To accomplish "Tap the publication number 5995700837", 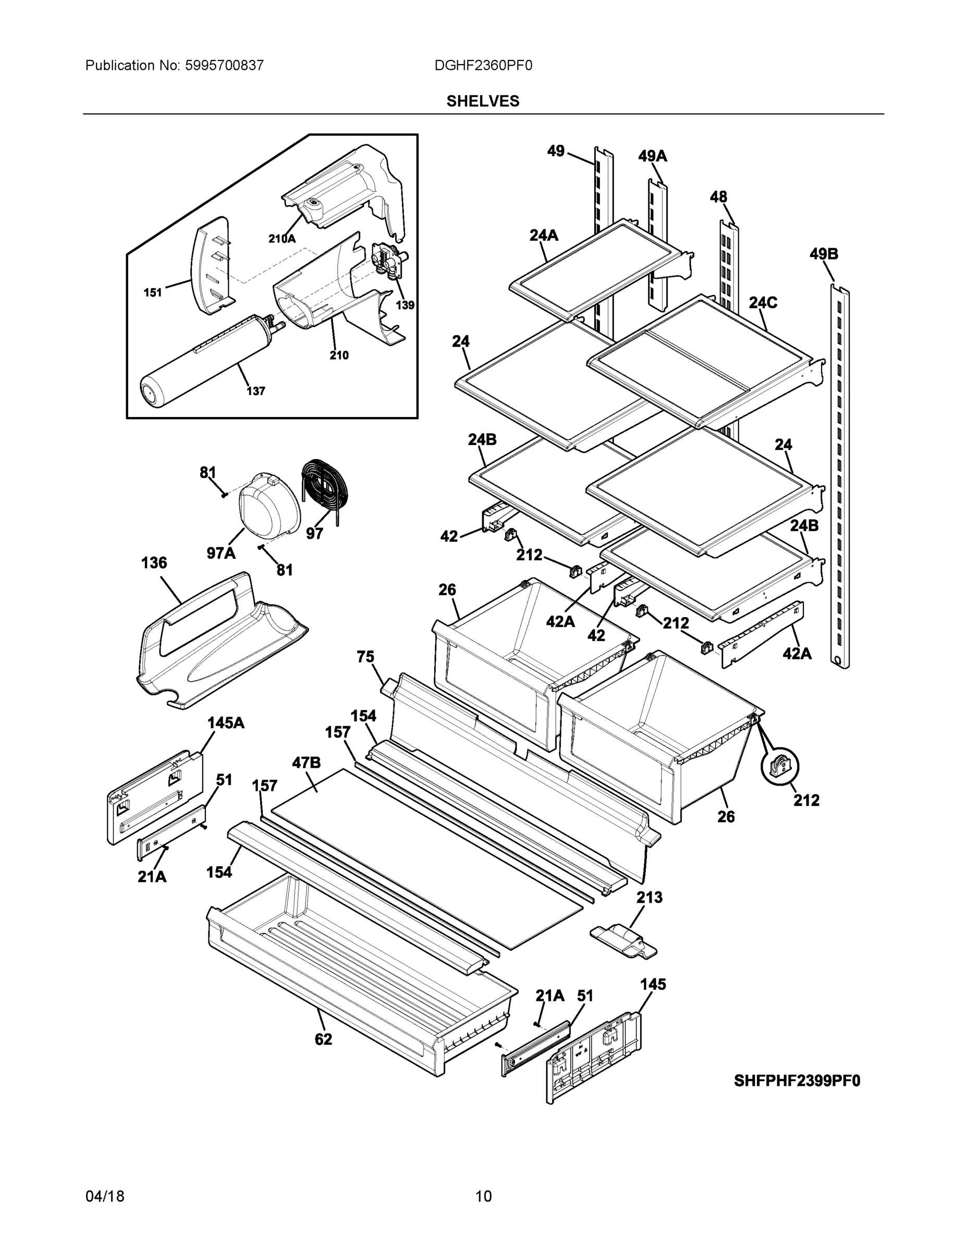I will click(224, 65).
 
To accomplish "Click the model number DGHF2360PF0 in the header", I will click(483, 65).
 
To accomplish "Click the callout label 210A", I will click(282, 239).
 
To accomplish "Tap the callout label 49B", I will click(823, 254).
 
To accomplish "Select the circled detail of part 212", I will click(780, 766).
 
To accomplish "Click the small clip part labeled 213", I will click(624, 942).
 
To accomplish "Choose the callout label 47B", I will click(307, 763).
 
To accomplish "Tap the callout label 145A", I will click(226, 723).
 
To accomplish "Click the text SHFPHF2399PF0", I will click(797, 1081).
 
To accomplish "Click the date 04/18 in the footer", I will click(105, 1196).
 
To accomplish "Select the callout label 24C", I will click(763, 302).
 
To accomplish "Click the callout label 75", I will click(365, 657).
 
